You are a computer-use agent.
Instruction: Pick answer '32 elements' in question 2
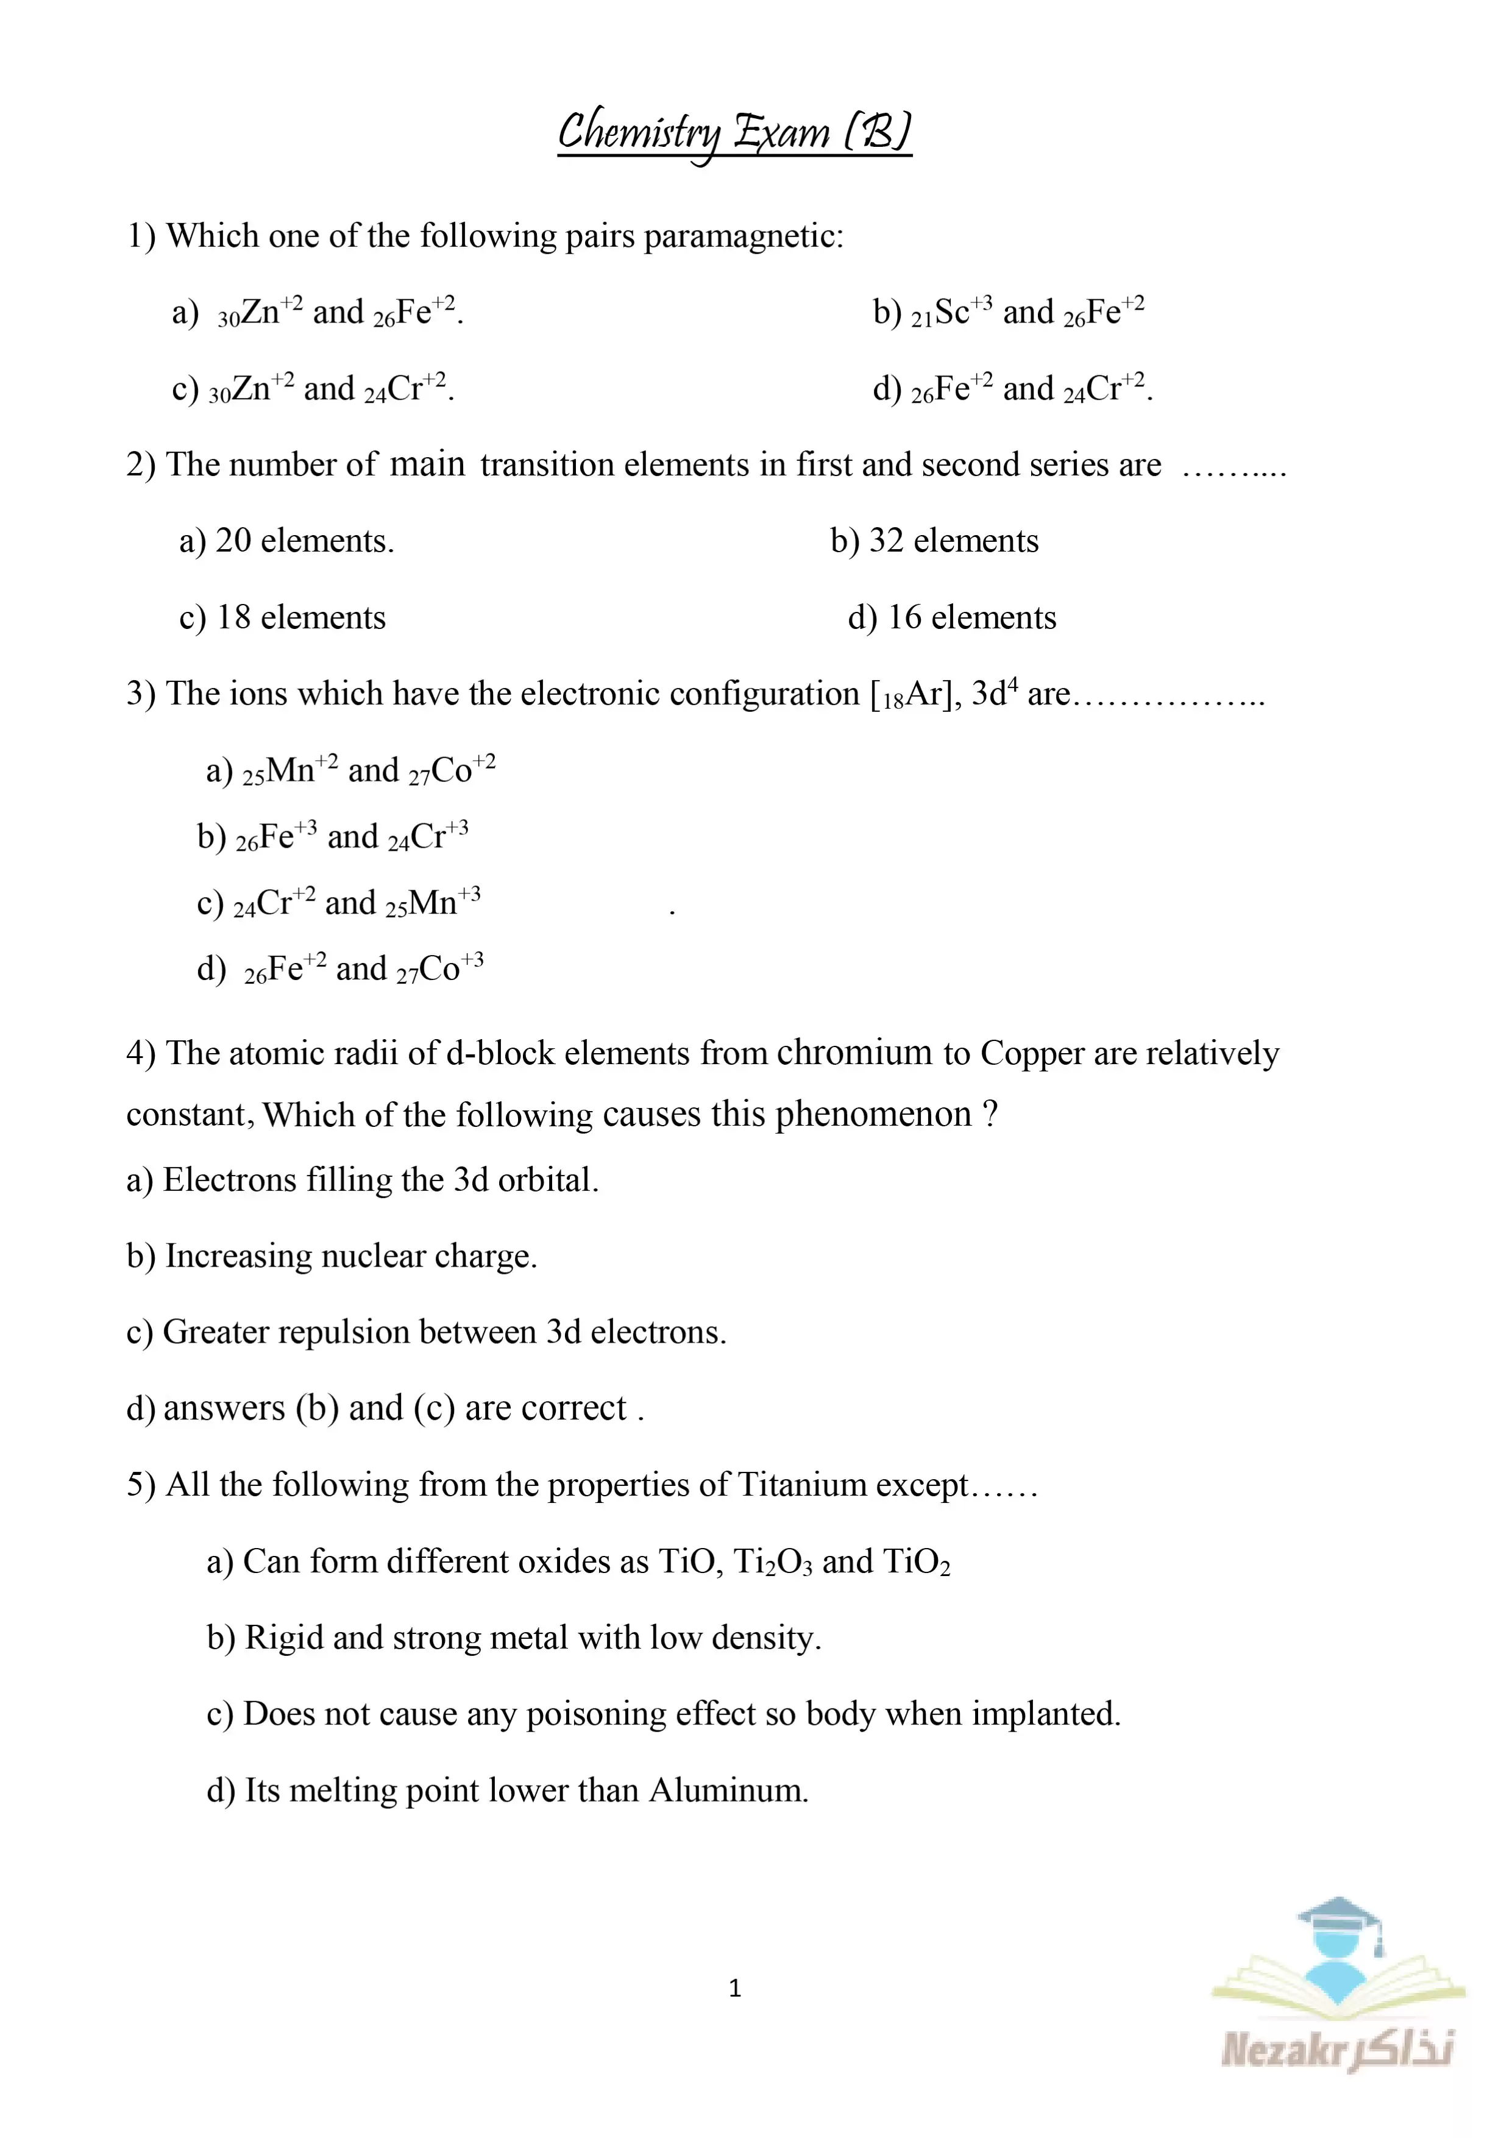(935, 541)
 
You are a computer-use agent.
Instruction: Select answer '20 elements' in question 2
(287, 541)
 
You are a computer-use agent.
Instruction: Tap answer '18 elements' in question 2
(282, 617)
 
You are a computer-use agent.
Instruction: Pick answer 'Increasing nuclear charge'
(332, 1256)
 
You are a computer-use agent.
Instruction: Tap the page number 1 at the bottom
(734, 1989)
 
